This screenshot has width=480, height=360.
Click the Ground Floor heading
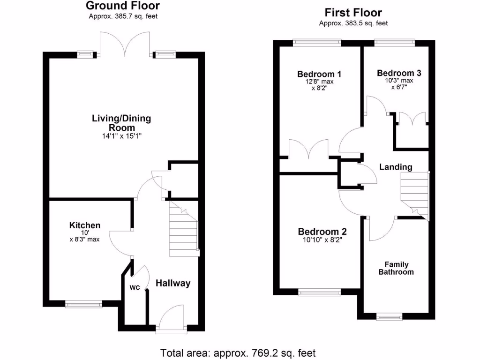coord(123,6)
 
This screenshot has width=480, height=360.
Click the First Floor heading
coord(353,13)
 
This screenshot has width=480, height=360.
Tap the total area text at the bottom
coord(238,352)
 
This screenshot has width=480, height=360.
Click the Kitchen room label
coord(85,225)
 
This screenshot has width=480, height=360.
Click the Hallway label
coord(173,283)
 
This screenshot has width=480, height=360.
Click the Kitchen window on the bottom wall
coord(84,305)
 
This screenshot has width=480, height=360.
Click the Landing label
coord(396,167)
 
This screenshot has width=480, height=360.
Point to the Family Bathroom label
coord(396,268)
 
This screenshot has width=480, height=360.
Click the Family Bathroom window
coord(389,317)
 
